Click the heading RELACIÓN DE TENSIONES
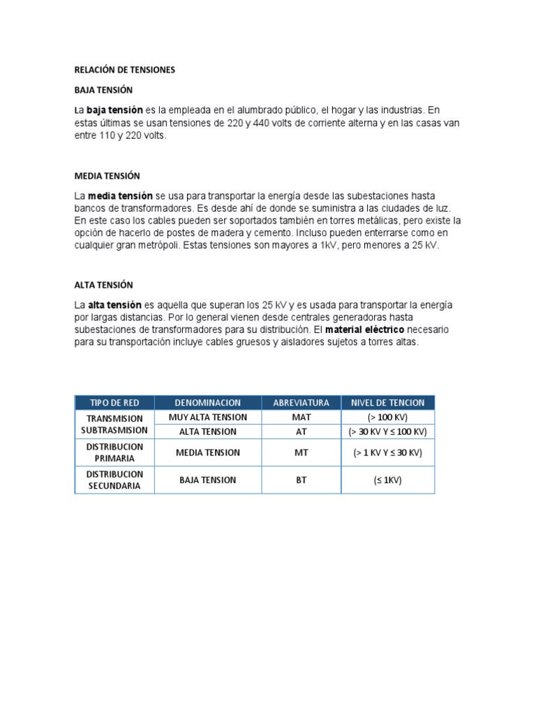[125, 70]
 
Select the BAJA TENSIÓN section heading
[103, 90]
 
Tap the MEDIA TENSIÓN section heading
[107, 175]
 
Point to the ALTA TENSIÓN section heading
[103, 285]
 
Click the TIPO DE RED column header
[114, 403]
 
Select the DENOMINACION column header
[208, 403]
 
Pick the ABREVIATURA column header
[301, 403]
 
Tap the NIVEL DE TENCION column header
[387, 403]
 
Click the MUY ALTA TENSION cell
[208, 417]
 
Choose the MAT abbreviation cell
[301, 417]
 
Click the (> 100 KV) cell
[387, 417]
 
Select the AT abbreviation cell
[301, 432]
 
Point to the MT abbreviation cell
[301, 452]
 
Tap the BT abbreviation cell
[301, 480]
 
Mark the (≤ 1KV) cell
[387, 480]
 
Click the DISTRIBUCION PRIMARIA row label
[114, 452]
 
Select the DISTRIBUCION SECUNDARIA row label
[114, 480]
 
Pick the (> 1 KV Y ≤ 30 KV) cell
[387, 452]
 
